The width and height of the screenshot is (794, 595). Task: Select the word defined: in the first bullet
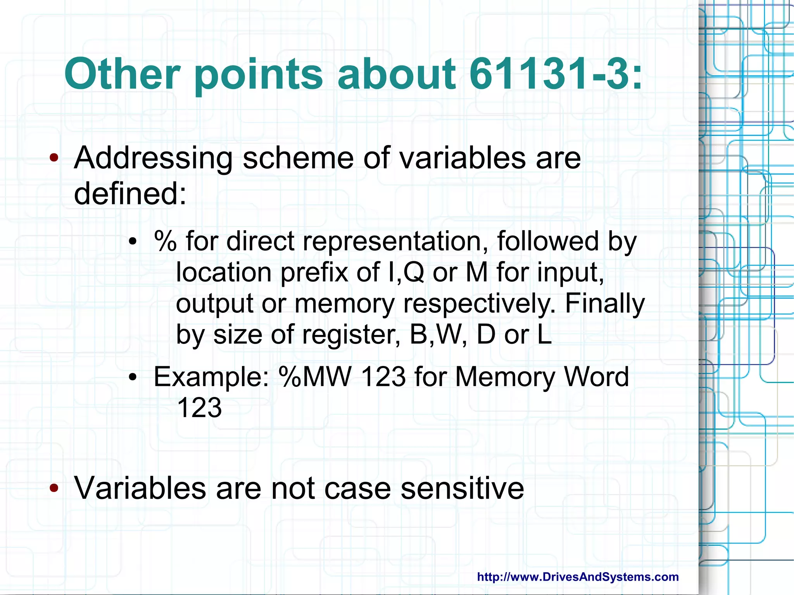130,194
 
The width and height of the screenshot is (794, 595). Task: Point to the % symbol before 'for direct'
165,241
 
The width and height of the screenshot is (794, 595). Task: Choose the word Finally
605,303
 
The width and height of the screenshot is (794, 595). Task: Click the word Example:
211,377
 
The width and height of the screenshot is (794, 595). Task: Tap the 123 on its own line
199,408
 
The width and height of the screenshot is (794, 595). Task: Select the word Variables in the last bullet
140,488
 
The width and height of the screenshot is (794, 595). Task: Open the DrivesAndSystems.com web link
578,577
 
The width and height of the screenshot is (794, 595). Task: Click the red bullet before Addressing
54,158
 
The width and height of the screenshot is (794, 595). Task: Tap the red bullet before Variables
54,488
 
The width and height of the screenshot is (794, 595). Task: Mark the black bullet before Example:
133,377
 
